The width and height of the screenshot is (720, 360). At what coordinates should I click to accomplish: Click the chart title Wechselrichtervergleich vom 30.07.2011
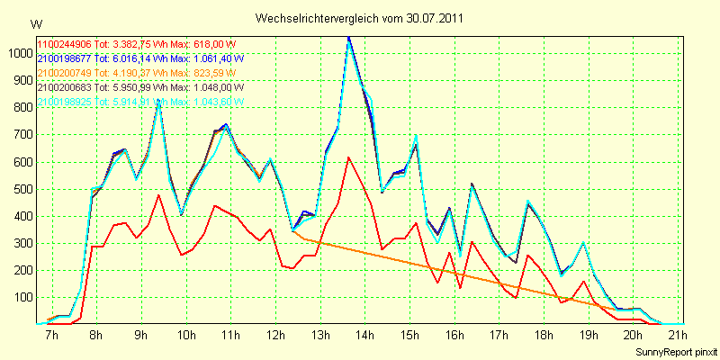(x=360, y=18)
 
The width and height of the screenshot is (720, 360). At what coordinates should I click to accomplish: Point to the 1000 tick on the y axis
(x=19, y=53)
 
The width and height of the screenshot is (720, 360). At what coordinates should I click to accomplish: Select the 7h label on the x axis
(x=51, y=336)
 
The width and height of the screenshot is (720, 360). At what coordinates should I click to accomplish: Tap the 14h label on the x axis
(x=365, y=336)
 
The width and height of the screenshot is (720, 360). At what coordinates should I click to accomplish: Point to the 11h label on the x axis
(x=230, y=336)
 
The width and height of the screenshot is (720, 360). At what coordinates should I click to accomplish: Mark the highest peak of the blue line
(x=348, y=38)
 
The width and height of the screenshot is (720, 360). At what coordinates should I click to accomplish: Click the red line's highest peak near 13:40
(x=348, y=157)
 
